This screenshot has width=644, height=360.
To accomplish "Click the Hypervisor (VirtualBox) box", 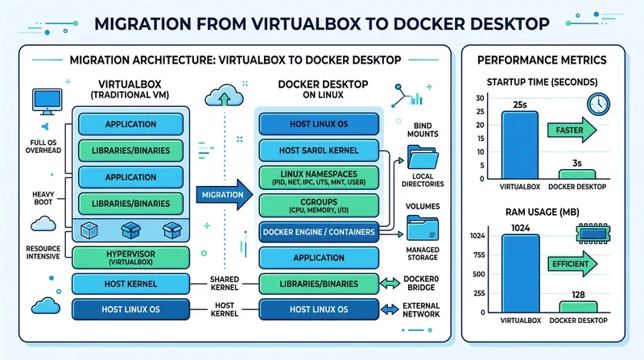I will click(131, 258).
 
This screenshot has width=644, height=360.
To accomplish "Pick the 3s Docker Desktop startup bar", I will click(577, 174).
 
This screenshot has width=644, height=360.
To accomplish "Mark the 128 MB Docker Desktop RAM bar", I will click(577, 307).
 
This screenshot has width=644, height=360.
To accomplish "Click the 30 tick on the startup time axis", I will click(480, 98).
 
